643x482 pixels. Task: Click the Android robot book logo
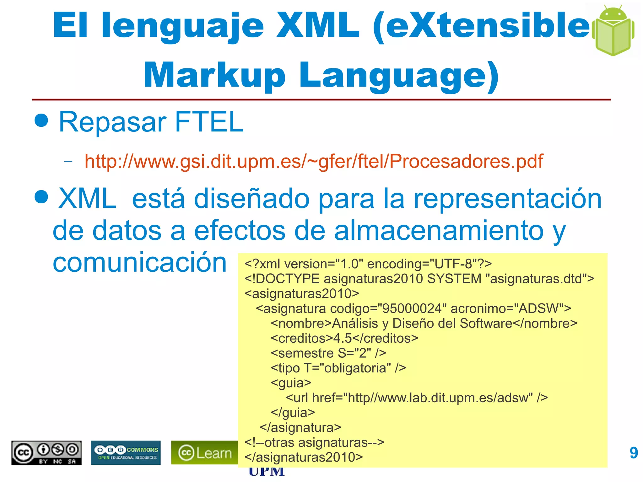(x=613, y=31)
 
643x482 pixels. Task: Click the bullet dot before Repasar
(x=41, y=120)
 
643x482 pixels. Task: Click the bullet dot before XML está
(x=41, y=197)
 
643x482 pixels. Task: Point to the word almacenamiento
(x=439, y=231)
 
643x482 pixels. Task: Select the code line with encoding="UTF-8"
(x=368, y=264)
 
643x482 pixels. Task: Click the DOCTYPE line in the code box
(x=419, y=279)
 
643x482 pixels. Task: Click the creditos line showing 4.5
(x=344, y=338)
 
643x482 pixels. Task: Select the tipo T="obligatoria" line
(x=338, y=368)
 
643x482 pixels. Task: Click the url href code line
(x=416, y=398)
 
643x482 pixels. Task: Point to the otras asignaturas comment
(x=314, y=442)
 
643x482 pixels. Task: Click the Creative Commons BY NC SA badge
(x=46, y=453)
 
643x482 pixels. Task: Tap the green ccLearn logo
(x=204, y=453)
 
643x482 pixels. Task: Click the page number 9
(x=634, y=453)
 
